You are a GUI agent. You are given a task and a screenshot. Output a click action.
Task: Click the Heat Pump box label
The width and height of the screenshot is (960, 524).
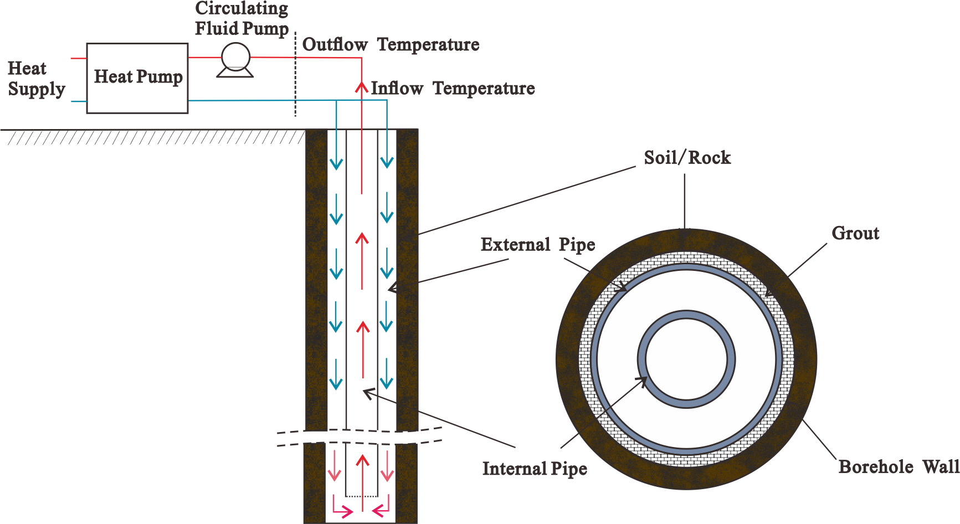coord(137,76)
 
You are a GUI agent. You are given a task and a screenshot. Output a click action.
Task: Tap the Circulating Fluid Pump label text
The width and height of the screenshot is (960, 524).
coord(242,18)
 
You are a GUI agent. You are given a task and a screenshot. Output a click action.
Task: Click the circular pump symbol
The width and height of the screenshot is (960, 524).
coord(235,56)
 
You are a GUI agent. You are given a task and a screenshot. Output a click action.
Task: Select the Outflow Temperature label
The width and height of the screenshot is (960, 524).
coord(389,44)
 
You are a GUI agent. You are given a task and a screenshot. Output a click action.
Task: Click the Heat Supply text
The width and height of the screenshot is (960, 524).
coord(34,78)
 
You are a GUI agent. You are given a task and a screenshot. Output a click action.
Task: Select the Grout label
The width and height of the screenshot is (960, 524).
coord(856,233)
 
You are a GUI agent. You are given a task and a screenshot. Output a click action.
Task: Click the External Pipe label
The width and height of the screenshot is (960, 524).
coord(540,244)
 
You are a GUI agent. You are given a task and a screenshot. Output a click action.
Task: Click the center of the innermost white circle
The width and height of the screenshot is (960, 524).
coord(686,359)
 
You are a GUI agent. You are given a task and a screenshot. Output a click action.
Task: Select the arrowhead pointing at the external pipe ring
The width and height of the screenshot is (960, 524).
coord(623,287)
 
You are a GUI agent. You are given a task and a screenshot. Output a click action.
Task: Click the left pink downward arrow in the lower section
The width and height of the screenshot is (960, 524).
coord(337,465)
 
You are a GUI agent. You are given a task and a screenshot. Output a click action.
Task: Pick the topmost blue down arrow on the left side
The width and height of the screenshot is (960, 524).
coord(337,150)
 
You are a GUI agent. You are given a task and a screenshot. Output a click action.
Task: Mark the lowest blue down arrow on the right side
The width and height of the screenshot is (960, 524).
coord(388,374)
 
